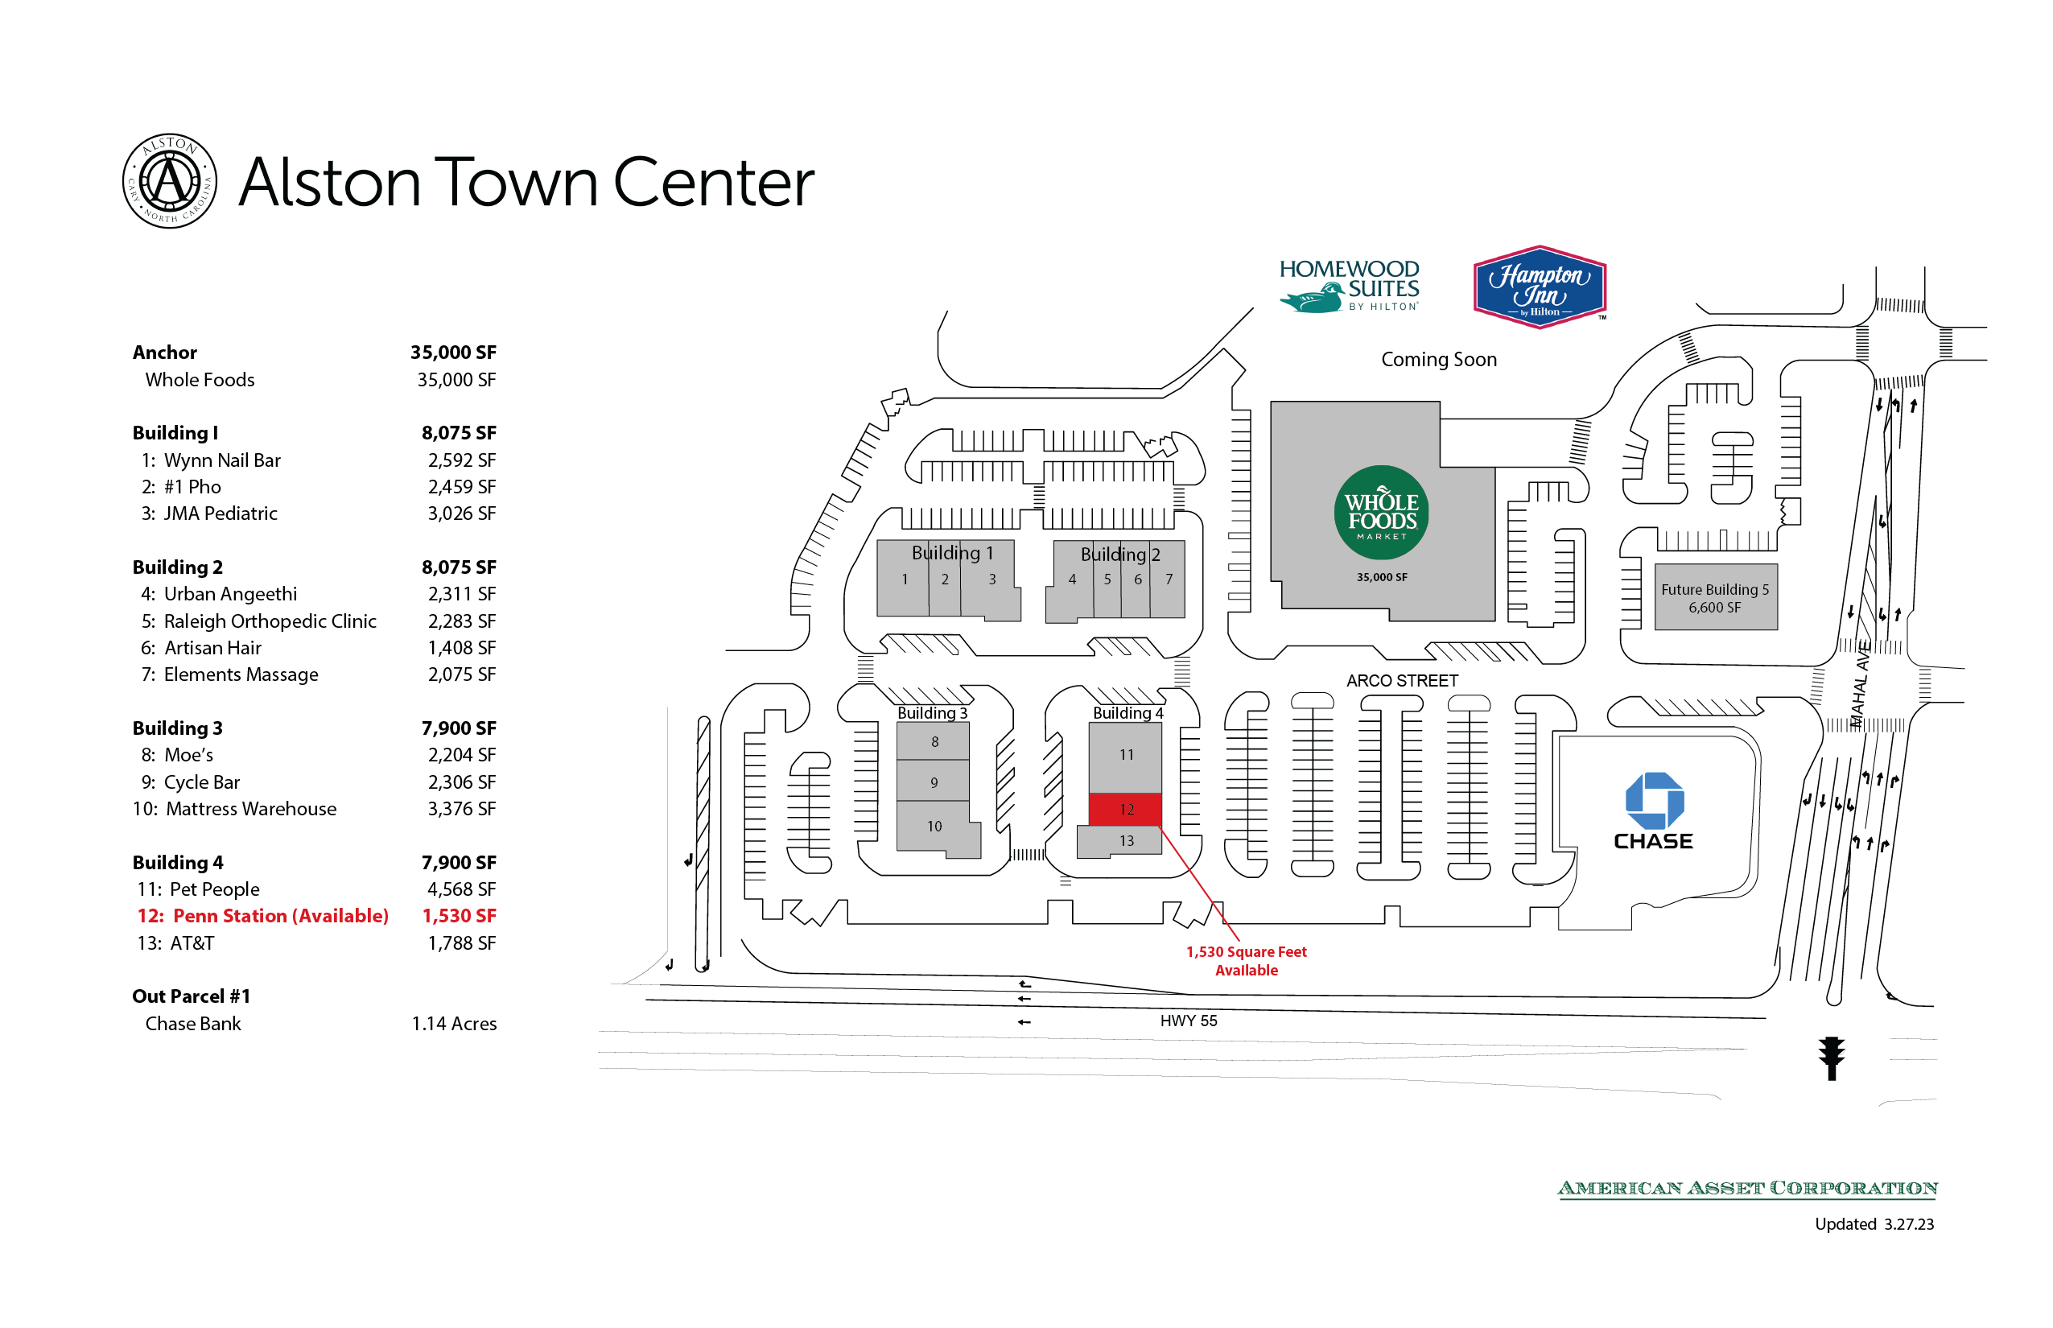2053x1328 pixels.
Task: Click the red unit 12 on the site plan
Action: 1125,809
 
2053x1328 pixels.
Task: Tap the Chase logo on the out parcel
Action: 1652,811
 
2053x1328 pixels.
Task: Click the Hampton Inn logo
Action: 1539,287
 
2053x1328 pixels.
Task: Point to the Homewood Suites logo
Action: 1348,286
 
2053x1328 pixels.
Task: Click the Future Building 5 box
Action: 1714,596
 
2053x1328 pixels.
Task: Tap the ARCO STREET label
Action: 1401,680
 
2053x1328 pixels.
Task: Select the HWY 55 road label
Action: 1187,1021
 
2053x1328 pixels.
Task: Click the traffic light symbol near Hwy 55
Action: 1831,1058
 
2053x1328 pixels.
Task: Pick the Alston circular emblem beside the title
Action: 169,181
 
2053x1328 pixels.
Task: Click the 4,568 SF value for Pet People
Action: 461,889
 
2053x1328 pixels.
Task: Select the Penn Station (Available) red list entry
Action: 263,915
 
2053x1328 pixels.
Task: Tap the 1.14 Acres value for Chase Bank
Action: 454,1023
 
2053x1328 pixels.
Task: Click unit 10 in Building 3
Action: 934,826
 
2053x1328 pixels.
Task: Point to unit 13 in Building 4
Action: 1125,841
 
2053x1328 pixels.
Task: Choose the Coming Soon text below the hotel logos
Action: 1438,359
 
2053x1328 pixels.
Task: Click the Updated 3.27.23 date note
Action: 1873,1223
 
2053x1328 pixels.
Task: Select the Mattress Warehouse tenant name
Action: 251,808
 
